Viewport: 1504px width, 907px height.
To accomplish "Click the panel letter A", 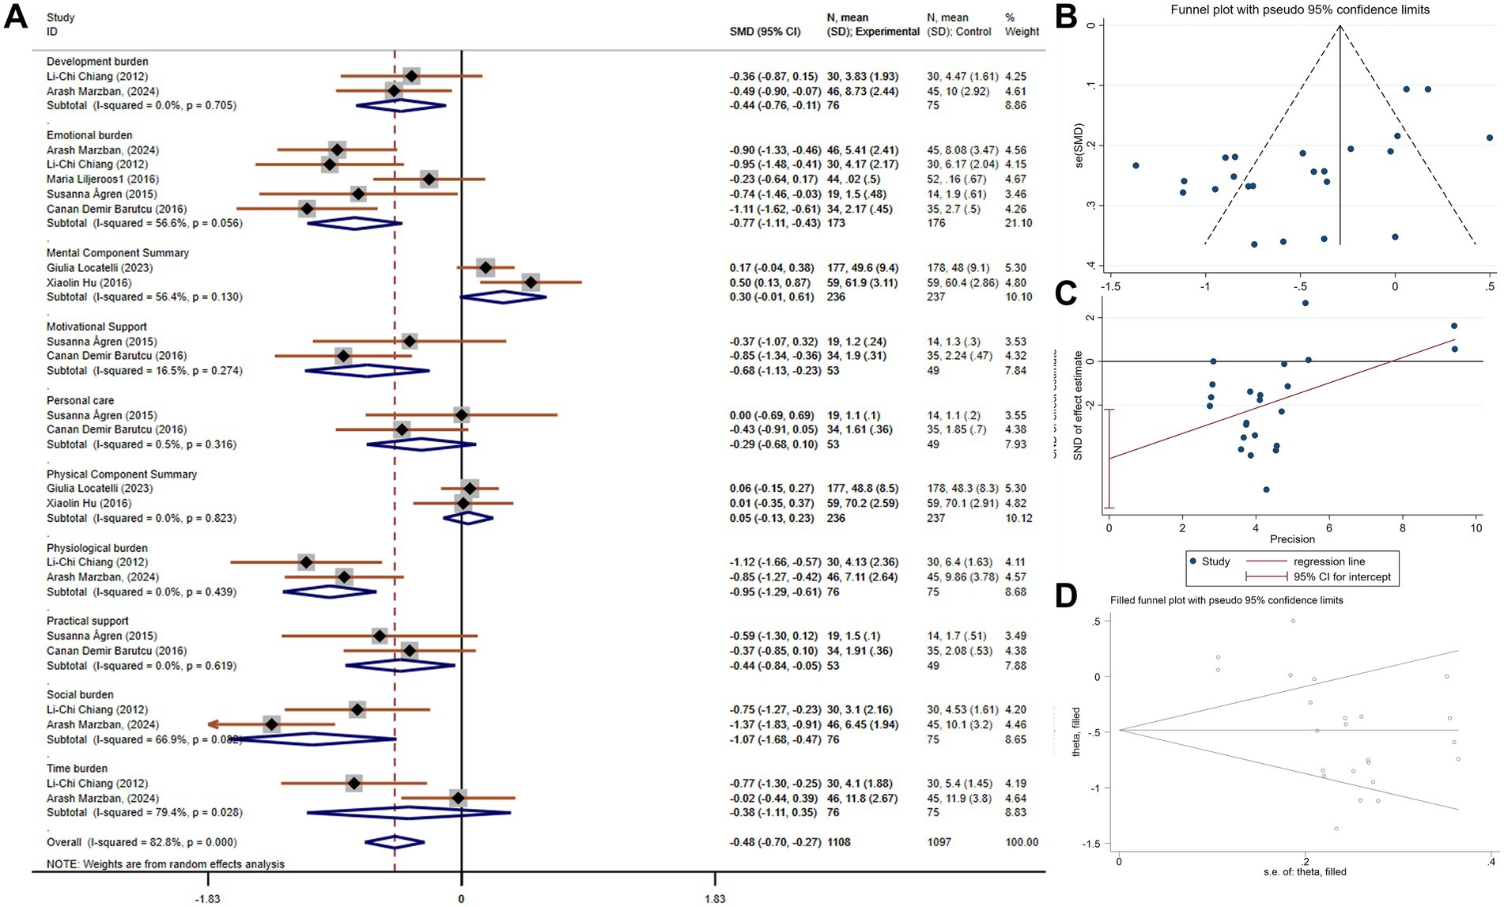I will [16, 16].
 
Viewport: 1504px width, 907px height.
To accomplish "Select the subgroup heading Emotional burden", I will [89, 135].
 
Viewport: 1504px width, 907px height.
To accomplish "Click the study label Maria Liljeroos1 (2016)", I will [102, 180].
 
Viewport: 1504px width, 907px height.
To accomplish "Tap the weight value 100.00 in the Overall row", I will [1022, 842].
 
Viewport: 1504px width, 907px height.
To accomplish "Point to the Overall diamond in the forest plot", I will [395, 842].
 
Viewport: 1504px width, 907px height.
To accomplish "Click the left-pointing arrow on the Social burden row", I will [214, 724].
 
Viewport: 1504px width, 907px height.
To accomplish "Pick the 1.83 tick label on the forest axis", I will [714, 898].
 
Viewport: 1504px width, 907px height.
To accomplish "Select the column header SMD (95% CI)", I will [765, 32].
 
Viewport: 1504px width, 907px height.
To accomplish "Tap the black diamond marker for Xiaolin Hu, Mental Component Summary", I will [531, 282].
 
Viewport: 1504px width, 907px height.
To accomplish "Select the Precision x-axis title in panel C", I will [1292, 539].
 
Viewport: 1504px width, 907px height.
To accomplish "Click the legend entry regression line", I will [1329, 561].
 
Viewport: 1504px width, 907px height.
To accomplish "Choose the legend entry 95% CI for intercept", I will [1342, 577].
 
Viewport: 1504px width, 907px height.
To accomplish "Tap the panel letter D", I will [1066, 595].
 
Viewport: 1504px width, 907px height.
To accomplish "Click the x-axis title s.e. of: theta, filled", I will [1305, 872].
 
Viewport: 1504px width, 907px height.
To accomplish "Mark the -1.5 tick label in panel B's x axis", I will [1110, 287].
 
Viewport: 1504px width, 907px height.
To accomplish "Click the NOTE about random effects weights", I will [165, 864].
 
